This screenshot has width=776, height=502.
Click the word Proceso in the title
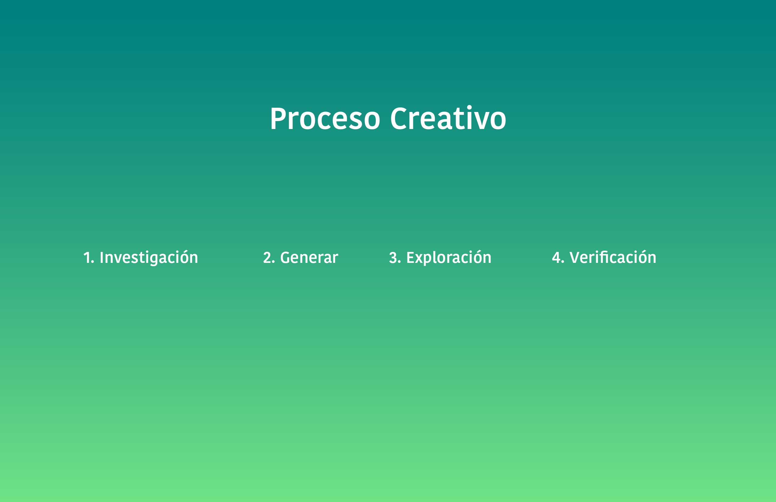coord(325,119)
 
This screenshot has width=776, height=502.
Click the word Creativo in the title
coord(448,118)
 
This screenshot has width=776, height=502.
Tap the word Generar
coord(309,257)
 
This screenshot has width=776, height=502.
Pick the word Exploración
coord(449,257)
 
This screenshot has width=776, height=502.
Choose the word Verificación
coord(613,257)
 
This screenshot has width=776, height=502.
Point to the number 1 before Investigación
coord(87,257)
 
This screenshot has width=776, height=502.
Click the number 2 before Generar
coord(267,257)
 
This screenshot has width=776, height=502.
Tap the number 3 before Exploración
coord(393,257)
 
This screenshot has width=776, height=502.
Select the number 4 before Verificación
coord(556,257)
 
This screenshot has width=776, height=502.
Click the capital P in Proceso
coord(278,119)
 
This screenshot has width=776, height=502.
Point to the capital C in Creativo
coord(399,119)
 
